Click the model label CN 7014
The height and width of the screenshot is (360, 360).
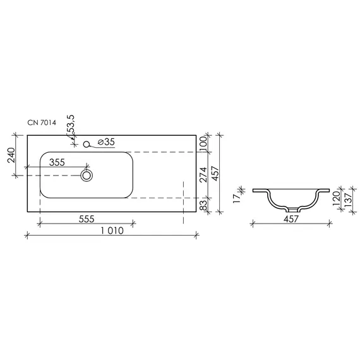tap(42, 123)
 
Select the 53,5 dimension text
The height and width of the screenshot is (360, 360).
tap(71, 124)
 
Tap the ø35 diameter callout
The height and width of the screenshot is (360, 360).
tap(106, 142)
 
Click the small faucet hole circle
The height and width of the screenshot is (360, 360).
tap(87, 145)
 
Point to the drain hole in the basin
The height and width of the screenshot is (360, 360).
tap(87, 176)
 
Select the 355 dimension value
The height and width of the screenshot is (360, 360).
tap(57, 162)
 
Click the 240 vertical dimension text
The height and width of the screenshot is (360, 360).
tap(11, 155)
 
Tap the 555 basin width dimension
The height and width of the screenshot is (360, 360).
tap(87, 219)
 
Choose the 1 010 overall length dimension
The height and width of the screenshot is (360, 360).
tap(112, 231)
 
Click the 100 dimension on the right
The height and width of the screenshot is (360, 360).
tap(203, 144)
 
